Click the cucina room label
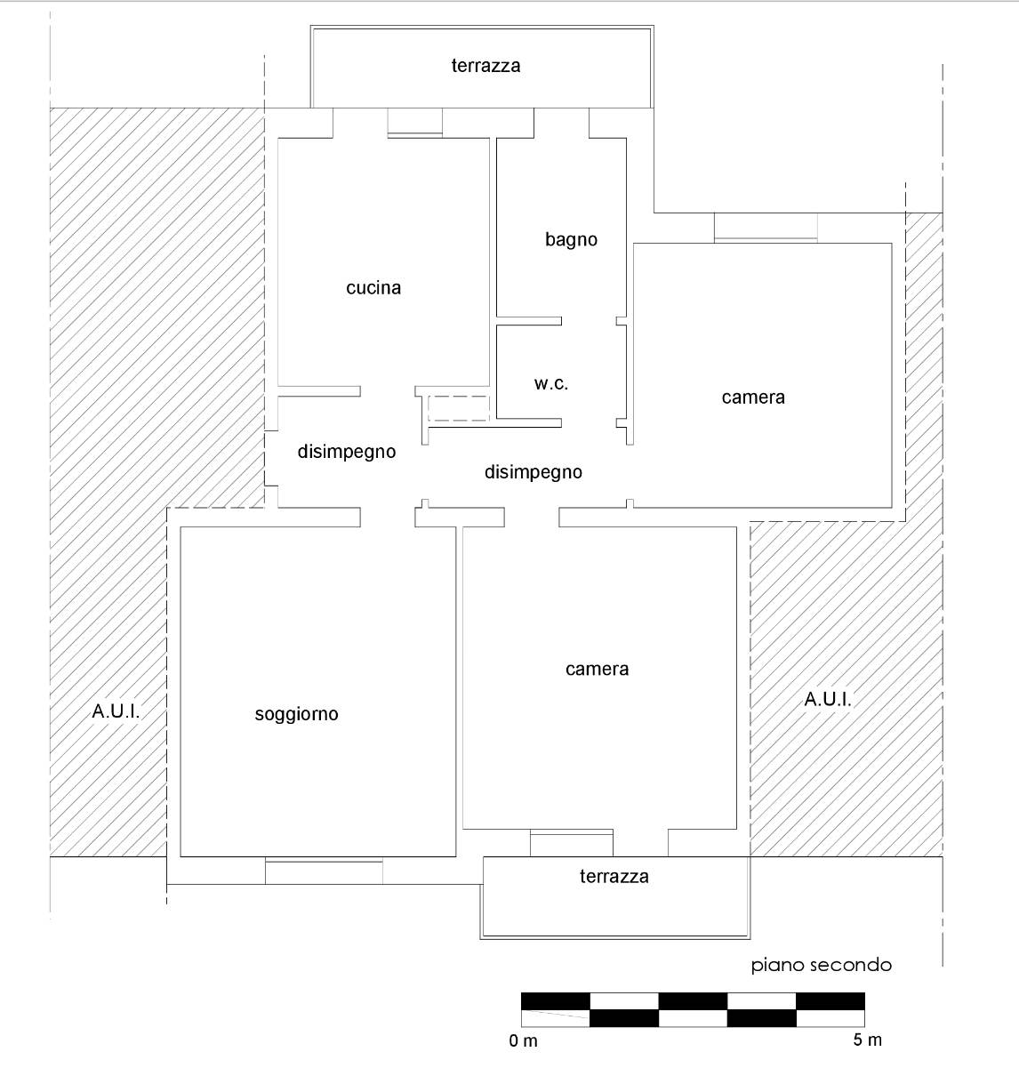pyautogui.click(x=373, y=287)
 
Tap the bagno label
pyautogui.click(x=571, y=239)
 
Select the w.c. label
pyautogui.click(x=551, y=383)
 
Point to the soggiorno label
pyautogui.click(x=296, y=713)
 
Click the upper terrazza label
pyautogui.click(x=485, y=65)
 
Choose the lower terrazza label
pyautogui.click(x=614, y=876)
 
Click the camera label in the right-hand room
pyautogui.click(x=753, y=397)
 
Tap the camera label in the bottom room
pyautogui.click(x=597, y=669)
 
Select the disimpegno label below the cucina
pyautogui.click(x=347, y=451)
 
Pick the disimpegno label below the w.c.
pyautogui.click(x=534, y=472)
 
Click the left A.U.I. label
pyautogui.click(x=116, y=711)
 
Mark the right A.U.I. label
pyautogui.click(x=828, y=699)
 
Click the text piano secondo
pyautogui.click(x=821, y=965)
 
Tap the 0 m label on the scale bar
pyautogui.click(x=524, y=1040)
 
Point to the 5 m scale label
pyautogui.click(x=867, y=1040)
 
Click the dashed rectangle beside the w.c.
pyautogui.click(x=458, y=409)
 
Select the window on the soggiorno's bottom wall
pyautogui.click(x=324, y=871)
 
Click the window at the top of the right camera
pyautogui.click(x=766, y=228)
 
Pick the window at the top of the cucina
pyautogui.click(x=415, y=124)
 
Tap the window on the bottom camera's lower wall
pyautogui.click(x=572, y=842)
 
